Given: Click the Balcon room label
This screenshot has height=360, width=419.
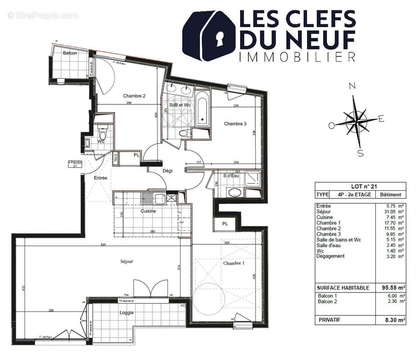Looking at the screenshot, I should (x=70, y=53).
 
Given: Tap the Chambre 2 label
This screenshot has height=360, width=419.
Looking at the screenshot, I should (x=134, y=96).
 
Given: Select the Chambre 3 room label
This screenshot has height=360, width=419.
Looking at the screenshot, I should (x=235, y=124).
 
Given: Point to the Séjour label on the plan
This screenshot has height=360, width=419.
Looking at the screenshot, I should (x=127, y=261).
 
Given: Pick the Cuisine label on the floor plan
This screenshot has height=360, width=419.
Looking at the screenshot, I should (x=148, y=211).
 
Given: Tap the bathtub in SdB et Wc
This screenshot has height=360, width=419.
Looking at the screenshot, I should (x=202, y=108).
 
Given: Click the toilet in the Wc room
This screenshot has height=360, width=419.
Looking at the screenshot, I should (x=102, y=134).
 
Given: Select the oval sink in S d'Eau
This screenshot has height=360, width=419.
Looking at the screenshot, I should (x=235, y=193).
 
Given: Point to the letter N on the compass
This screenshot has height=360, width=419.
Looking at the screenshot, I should (x=353, y=86).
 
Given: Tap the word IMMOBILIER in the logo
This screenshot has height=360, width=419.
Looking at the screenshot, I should (x=297, y=57).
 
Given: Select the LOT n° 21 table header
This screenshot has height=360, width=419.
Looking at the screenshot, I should (x=360, y=186).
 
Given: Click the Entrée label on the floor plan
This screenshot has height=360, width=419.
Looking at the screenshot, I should (x=100, y=178).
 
